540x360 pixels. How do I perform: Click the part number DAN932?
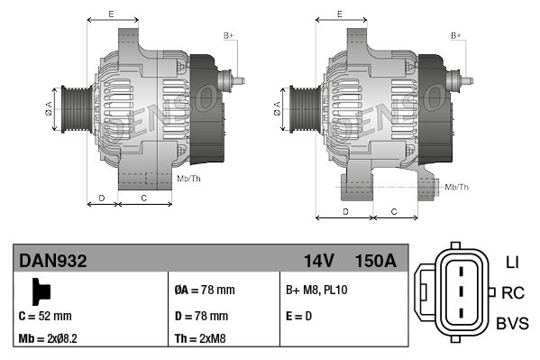53,262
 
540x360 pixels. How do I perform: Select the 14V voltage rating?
318,262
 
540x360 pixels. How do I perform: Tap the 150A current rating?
376,262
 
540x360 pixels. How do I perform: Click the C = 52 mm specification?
45,316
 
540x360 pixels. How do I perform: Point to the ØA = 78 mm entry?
204,291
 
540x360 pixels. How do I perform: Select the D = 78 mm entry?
201,316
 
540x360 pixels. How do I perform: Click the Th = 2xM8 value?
199,340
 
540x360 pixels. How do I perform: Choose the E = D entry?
300,316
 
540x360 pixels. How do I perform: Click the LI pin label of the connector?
512,263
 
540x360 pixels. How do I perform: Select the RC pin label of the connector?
513,292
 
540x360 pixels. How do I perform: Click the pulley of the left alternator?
71,112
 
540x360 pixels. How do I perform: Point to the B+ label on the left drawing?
228,35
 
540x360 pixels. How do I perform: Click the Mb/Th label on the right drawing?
457,186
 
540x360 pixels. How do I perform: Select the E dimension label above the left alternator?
111,14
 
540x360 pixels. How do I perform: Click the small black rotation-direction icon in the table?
40,291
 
